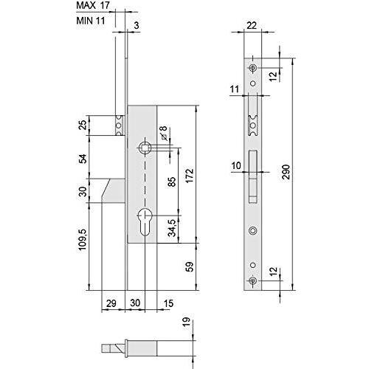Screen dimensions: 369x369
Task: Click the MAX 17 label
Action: pyautogui.click(x=93, y=5)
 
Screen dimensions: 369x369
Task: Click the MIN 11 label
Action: pyautogui.click(x=91, y=21)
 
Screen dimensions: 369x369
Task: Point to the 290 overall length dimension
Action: pyautogui.click(x=287, y=172)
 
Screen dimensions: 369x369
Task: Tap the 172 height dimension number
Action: pyautogui.click(x=190, y=176)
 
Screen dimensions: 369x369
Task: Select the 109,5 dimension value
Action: pyautogui.click(x=83, y=240)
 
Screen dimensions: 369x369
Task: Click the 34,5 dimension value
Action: pyautogui.click(x=172, y=228)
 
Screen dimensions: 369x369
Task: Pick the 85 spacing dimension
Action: pyautogui.click(x=172, y=182)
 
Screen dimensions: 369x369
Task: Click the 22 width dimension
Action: pyautogui.click(x=252, y=25)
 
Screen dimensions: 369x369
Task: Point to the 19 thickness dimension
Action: pyautogui.click(x=187, y=322)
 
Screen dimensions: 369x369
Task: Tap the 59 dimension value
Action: pyautogui.click(x=190, y=266)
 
